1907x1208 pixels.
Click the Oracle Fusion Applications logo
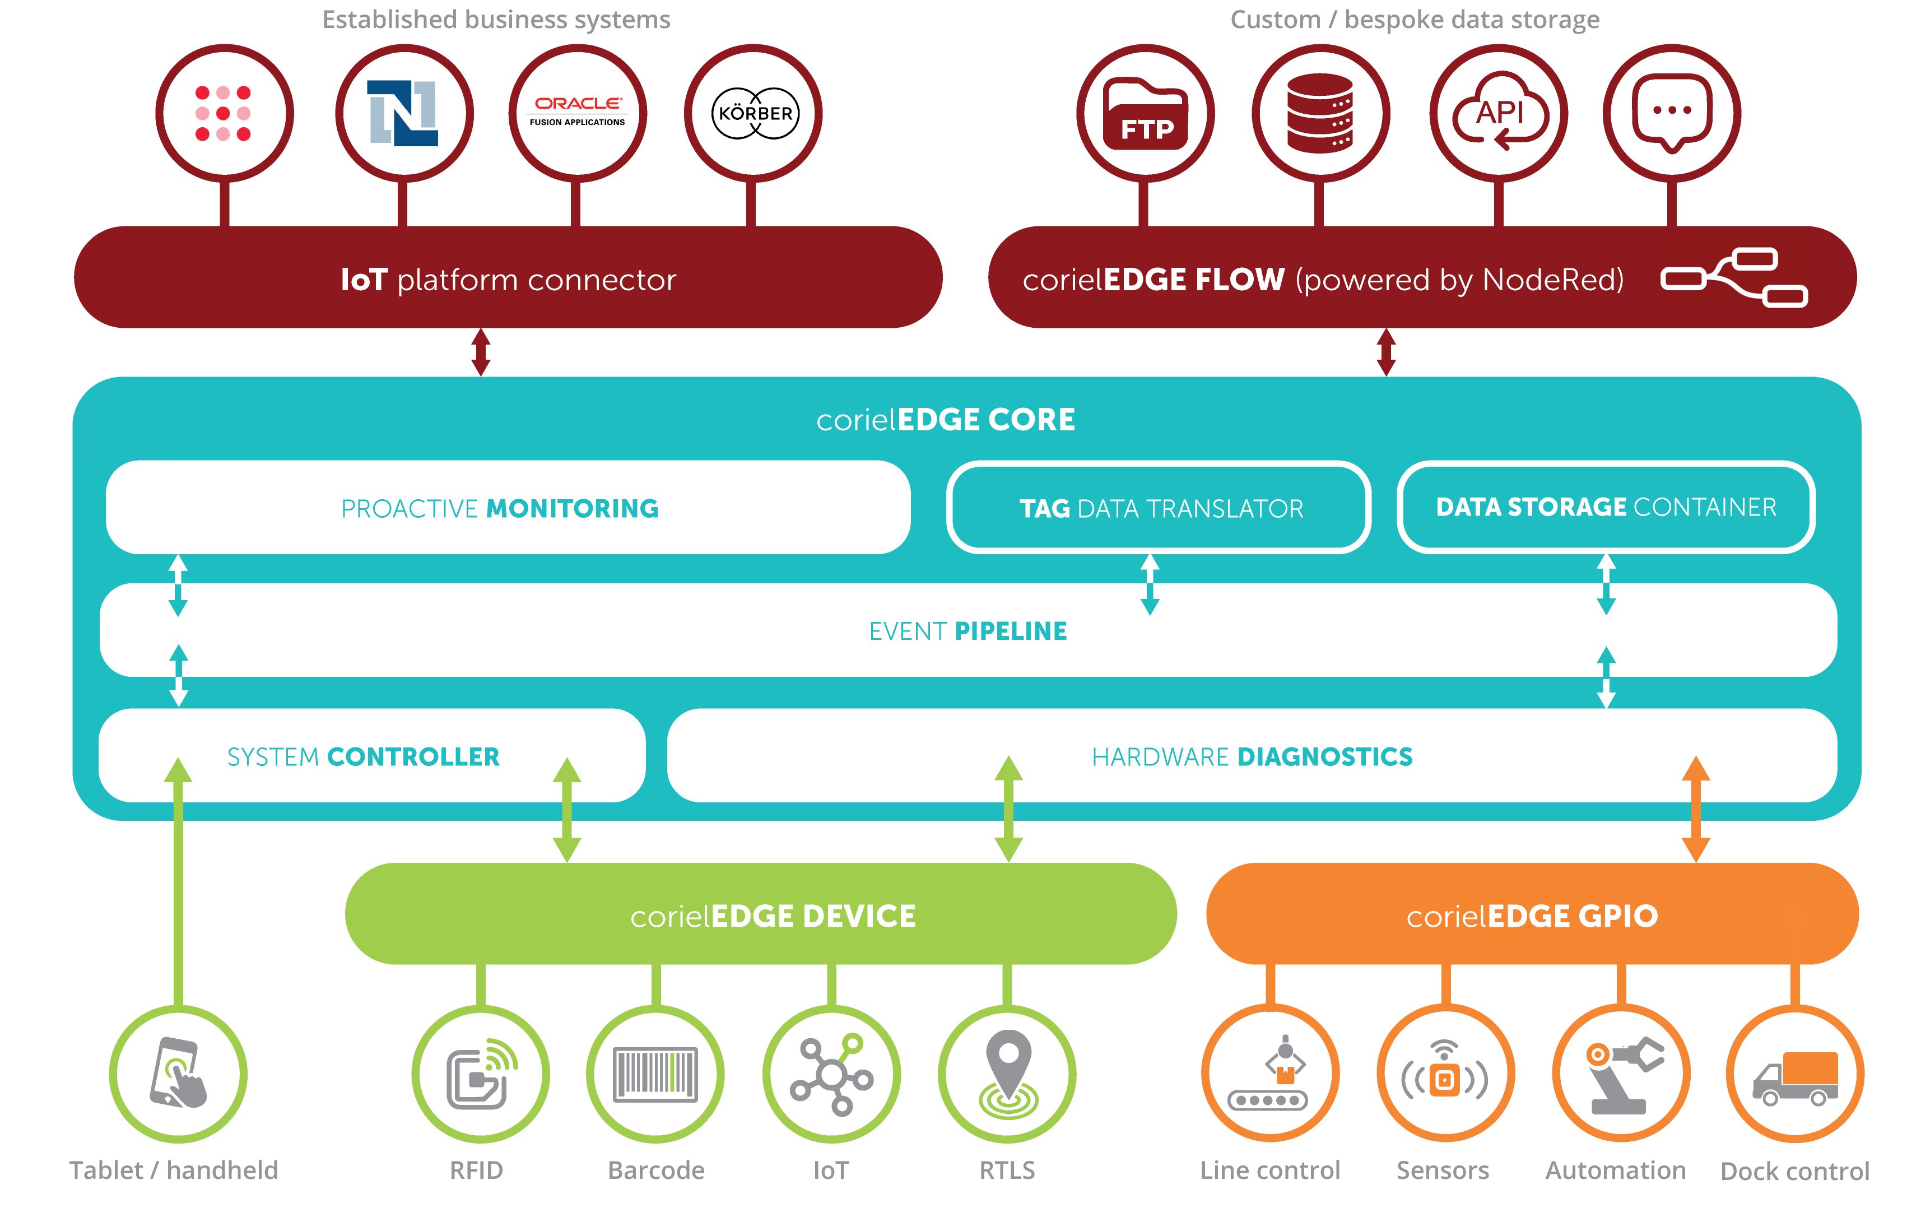[578, 111]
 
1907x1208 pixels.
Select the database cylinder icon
[1319, 113]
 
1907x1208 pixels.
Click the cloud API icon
[1499, 113]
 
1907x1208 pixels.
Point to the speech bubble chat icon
[1672, 113]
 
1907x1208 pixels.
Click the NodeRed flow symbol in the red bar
[1733, 277]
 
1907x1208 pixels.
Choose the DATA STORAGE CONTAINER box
[1606, 507]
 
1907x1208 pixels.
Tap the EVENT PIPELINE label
[968, 631]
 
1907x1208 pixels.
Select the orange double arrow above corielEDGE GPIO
[1696, 809]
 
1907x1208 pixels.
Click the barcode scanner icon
[655, 1074]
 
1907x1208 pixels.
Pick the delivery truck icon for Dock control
[1796, 1077]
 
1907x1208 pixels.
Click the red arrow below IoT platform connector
[481, 352]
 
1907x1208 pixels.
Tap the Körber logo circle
[754, 113]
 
